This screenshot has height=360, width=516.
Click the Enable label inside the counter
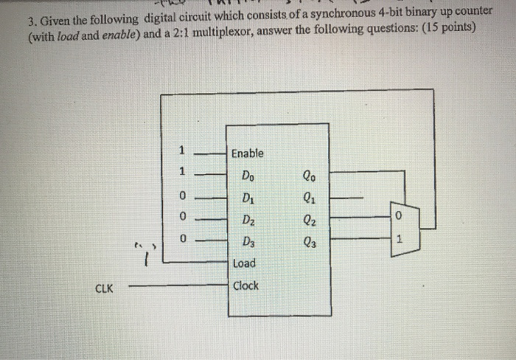point(247,153)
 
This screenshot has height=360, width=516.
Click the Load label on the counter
point(243,263)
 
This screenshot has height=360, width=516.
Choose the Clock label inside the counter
point(245,285)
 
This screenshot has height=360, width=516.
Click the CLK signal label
point(103,288)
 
